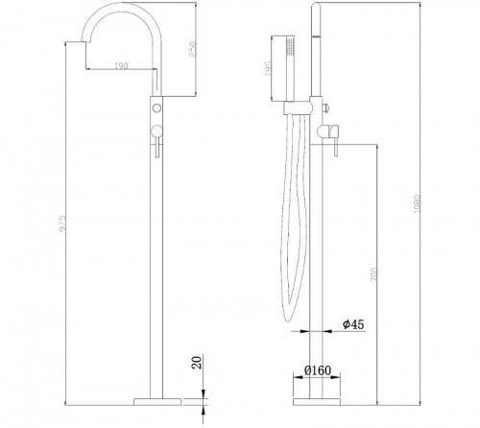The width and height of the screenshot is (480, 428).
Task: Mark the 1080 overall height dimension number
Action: [x=415, y=209]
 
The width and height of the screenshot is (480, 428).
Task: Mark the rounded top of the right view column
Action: [x=314, y=7]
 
